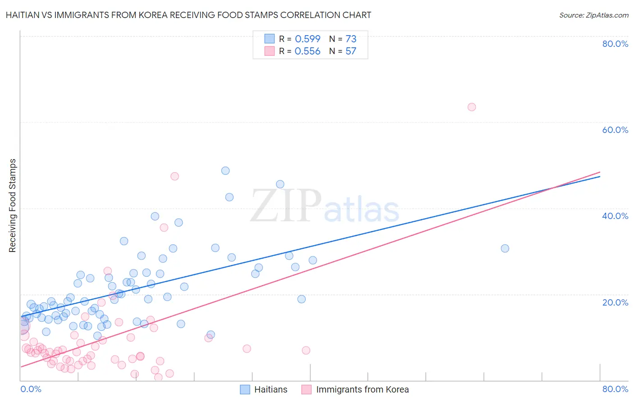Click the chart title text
(x=188, y=15)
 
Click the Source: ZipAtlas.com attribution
(x=593, y=15)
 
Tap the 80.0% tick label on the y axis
(x=615, y=44)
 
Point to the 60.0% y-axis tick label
(x=615, y=130)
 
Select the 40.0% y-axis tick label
(x=615, y=216)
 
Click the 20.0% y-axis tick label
(x=615, y=302)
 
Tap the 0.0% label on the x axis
(x=31, y=389)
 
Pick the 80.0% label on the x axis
(x=615, y=389)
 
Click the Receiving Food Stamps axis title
(x=13, y=206)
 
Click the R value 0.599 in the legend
(x=308, y=39)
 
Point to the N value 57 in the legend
(x=351, y=51)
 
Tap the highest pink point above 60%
(x=472, y=107)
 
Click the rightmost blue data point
(x=505, y=248)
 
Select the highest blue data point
(x=225, y=171)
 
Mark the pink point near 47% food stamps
(x=175, y=176)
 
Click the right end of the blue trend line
(x=600, y=176)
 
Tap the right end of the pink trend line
(x=600, y=172)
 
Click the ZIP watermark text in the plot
(x=286, y=206)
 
